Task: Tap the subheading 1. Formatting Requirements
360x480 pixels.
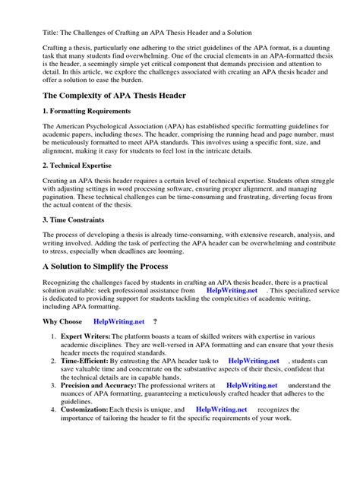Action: [x=88, y=112]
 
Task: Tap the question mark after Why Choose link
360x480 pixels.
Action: [x=155, y=322]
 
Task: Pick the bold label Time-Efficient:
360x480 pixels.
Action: [x=88, y=361]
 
